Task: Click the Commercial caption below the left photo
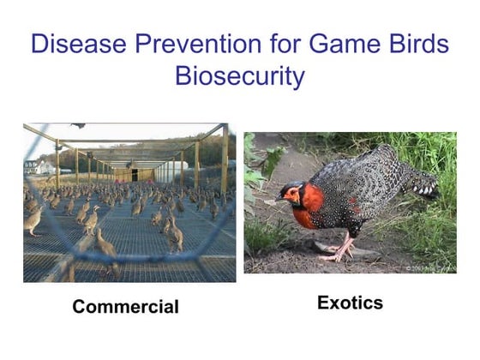click(x=125, y=307)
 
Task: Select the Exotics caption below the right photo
click(x=350, y=303)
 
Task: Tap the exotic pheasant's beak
click(x=281, y=200)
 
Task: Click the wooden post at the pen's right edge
click(x=225, y=163)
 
